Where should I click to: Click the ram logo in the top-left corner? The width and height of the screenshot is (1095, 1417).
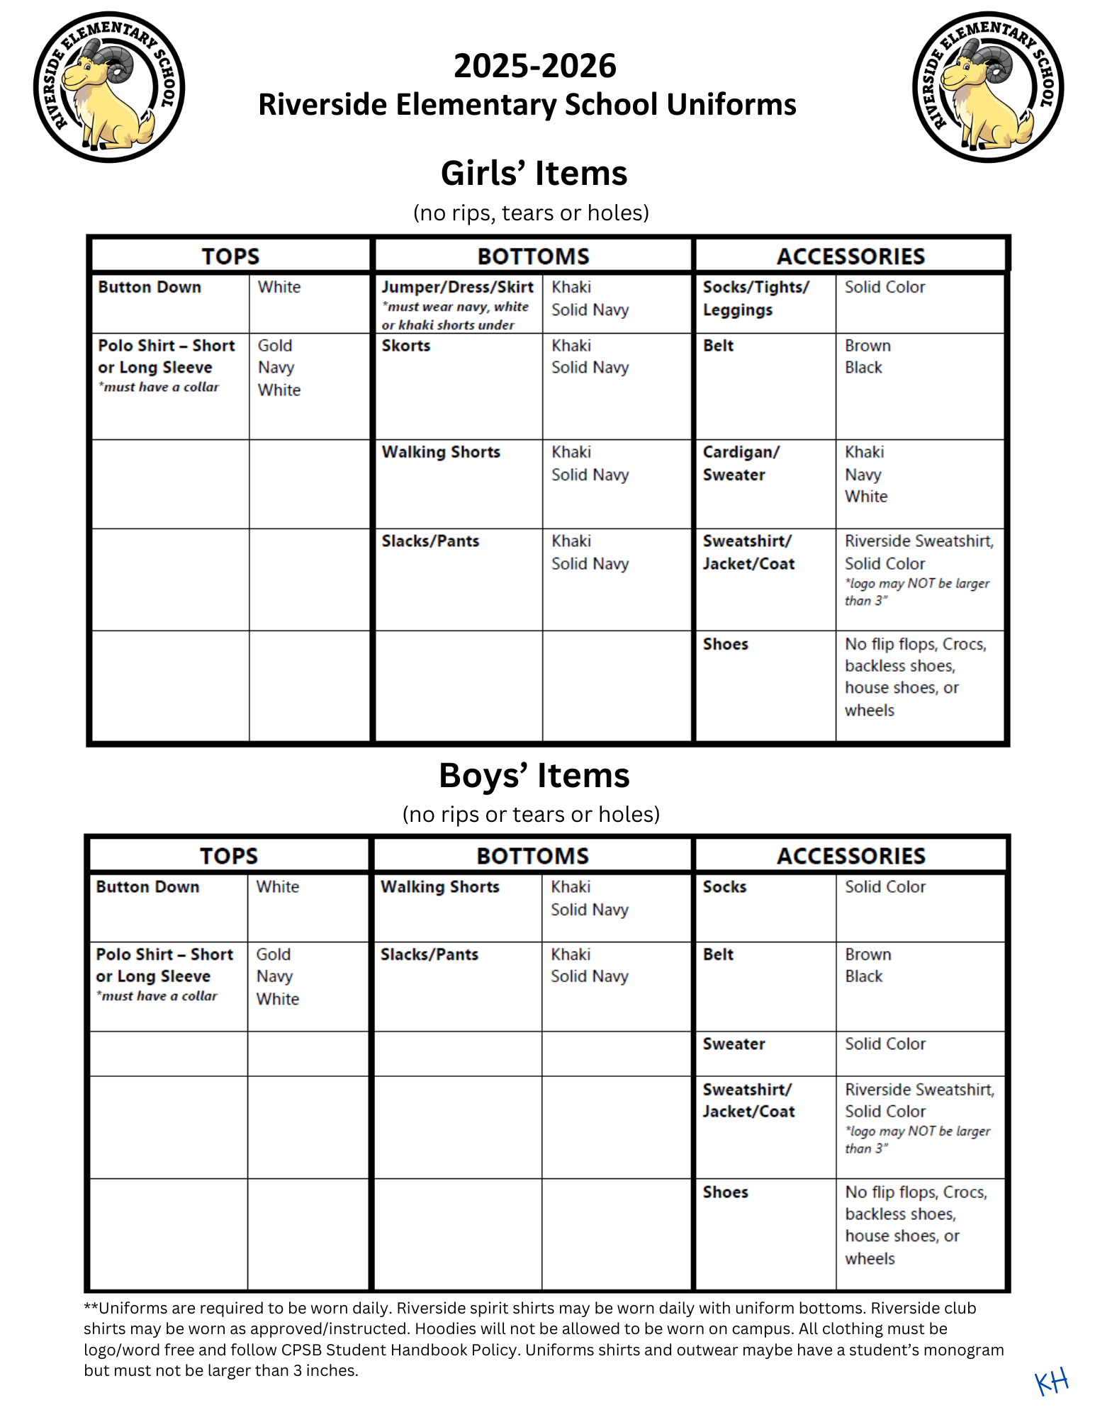[109, 87]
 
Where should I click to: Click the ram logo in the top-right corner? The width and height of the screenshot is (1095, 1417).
[988, 87]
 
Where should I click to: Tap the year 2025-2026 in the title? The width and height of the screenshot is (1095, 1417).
[534, 66]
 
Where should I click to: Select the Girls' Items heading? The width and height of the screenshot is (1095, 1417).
[534, 173]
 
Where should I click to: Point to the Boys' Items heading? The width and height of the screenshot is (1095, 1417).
[534, 775]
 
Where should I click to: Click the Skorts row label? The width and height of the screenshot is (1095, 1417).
[406, 346]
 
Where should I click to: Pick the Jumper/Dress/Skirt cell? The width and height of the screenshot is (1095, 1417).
[457, 288]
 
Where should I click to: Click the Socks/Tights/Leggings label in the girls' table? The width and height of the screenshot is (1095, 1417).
[755, 298]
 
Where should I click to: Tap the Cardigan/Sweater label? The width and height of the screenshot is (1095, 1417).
[741, 463]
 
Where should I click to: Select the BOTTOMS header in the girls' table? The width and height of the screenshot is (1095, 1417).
[533, 256]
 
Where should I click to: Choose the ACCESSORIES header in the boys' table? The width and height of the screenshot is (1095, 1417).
[850, 856]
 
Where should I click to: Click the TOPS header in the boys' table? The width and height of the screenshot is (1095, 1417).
[228, 856]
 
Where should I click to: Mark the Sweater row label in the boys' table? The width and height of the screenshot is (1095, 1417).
[734, 1044]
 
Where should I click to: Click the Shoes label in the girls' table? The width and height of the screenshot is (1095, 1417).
[725, 644]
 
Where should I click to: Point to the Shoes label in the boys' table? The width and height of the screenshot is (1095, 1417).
[725, 1192]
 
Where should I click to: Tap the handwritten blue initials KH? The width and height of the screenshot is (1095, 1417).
[1051, 1381]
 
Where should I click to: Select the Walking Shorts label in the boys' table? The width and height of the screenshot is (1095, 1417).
[439, 887]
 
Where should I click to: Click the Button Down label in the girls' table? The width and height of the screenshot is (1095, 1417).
[150, 288]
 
